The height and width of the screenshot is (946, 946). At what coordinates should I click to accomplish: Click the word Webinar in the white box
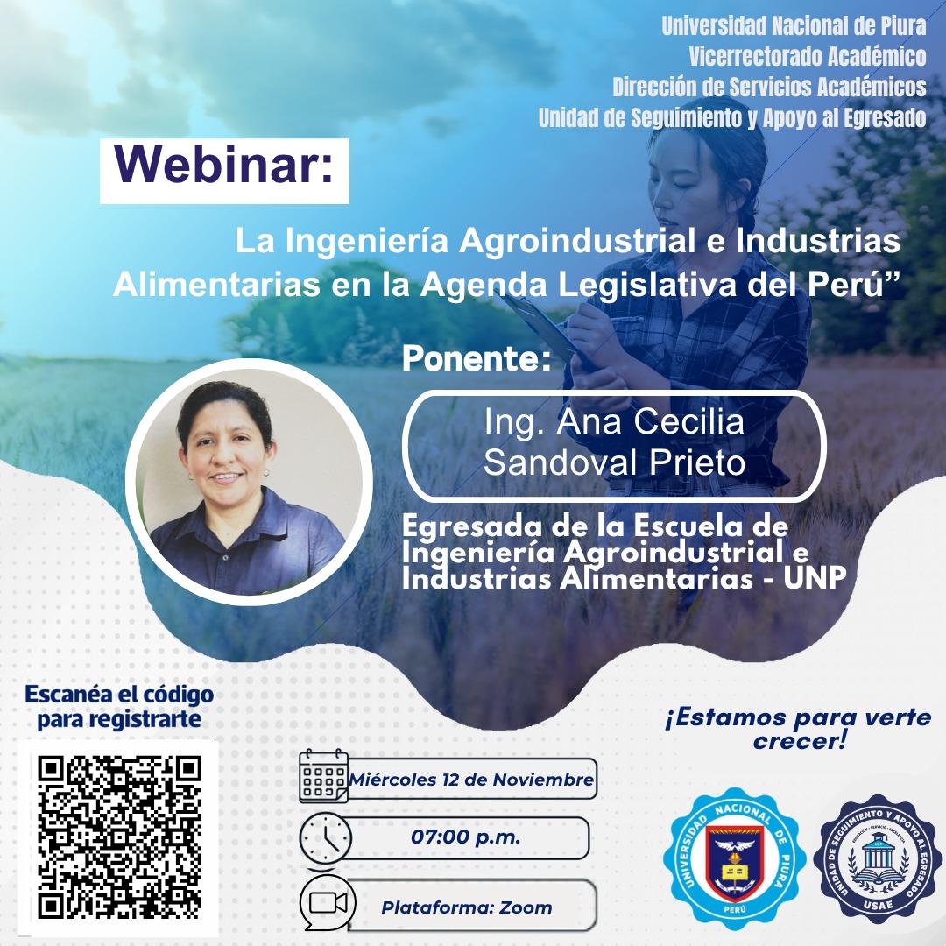pyautogui.click(x=224, y=163)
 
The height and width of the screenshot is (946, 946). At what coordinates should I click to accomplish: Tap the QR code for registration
pyautogui.click(x=120, y=837)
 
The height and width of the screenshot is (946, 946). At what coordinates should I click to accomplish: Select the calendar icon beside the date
pyautogui.click(x=323, y=777)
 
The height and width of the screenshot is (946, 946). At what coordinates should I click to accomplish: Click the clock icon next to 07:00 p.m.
pyautogui.click(x=325, y=838)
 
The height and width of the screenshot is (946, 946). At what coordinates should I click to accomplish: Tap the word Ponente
pyautogui.click(x=477, y=359)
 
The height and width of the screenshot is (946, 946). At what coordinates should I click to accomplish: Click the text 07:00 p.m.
pyautogui.click(x=466, y=837)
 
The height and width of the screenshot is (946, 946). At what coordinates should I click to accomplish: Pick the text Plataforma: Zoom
pyautogui.click(x=466, y=907)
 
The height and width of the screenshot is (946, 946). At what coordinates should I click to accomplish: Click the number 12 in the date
pyautogui.click(x=446, y=779)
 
